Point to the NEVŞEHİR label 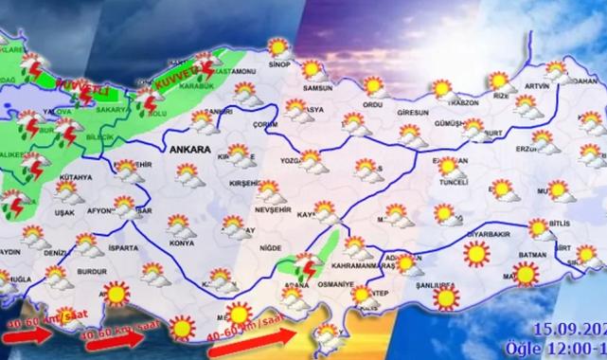pyautogui.click(x=266, y=208)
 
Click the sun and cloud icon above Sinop pyautogui.click(x=277, y=45)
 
